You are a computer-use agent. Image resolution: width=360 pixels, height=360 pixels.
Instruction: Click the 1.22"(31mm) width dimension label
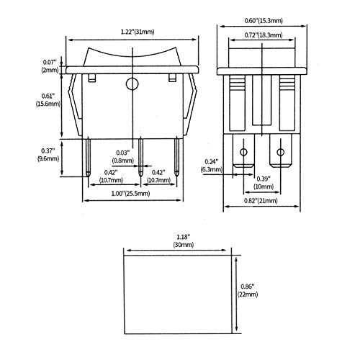138,32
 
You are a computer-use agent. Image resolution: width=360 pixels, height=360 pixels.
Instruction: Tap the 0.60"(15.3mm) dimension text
264,21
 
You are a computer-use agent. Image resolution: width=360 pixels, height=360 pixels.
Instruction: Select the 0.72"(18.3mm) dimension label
264,35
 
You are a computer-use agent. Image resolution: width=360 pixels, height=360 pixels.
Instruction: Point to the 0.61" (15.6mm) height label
48,100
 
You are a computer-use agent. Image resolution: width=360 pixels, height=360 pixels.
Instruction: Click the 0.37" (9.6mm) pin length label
48,155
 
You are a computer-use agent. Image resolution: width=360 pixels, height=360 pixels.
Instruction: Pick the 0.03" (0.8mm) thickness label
123,156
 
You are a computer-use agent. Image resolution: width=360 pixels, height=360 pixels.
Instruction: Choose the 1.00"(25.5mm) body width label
131,194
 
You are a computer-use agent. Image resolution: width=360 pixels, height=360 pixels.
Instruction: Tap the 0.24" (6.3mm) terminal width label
212,166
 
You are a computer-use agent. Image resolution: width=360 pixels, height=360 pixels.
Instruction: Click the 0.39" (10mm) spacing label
264,183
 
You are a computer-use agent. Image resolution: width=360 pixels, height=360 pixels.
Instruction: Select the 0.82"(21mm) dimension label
261,201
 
